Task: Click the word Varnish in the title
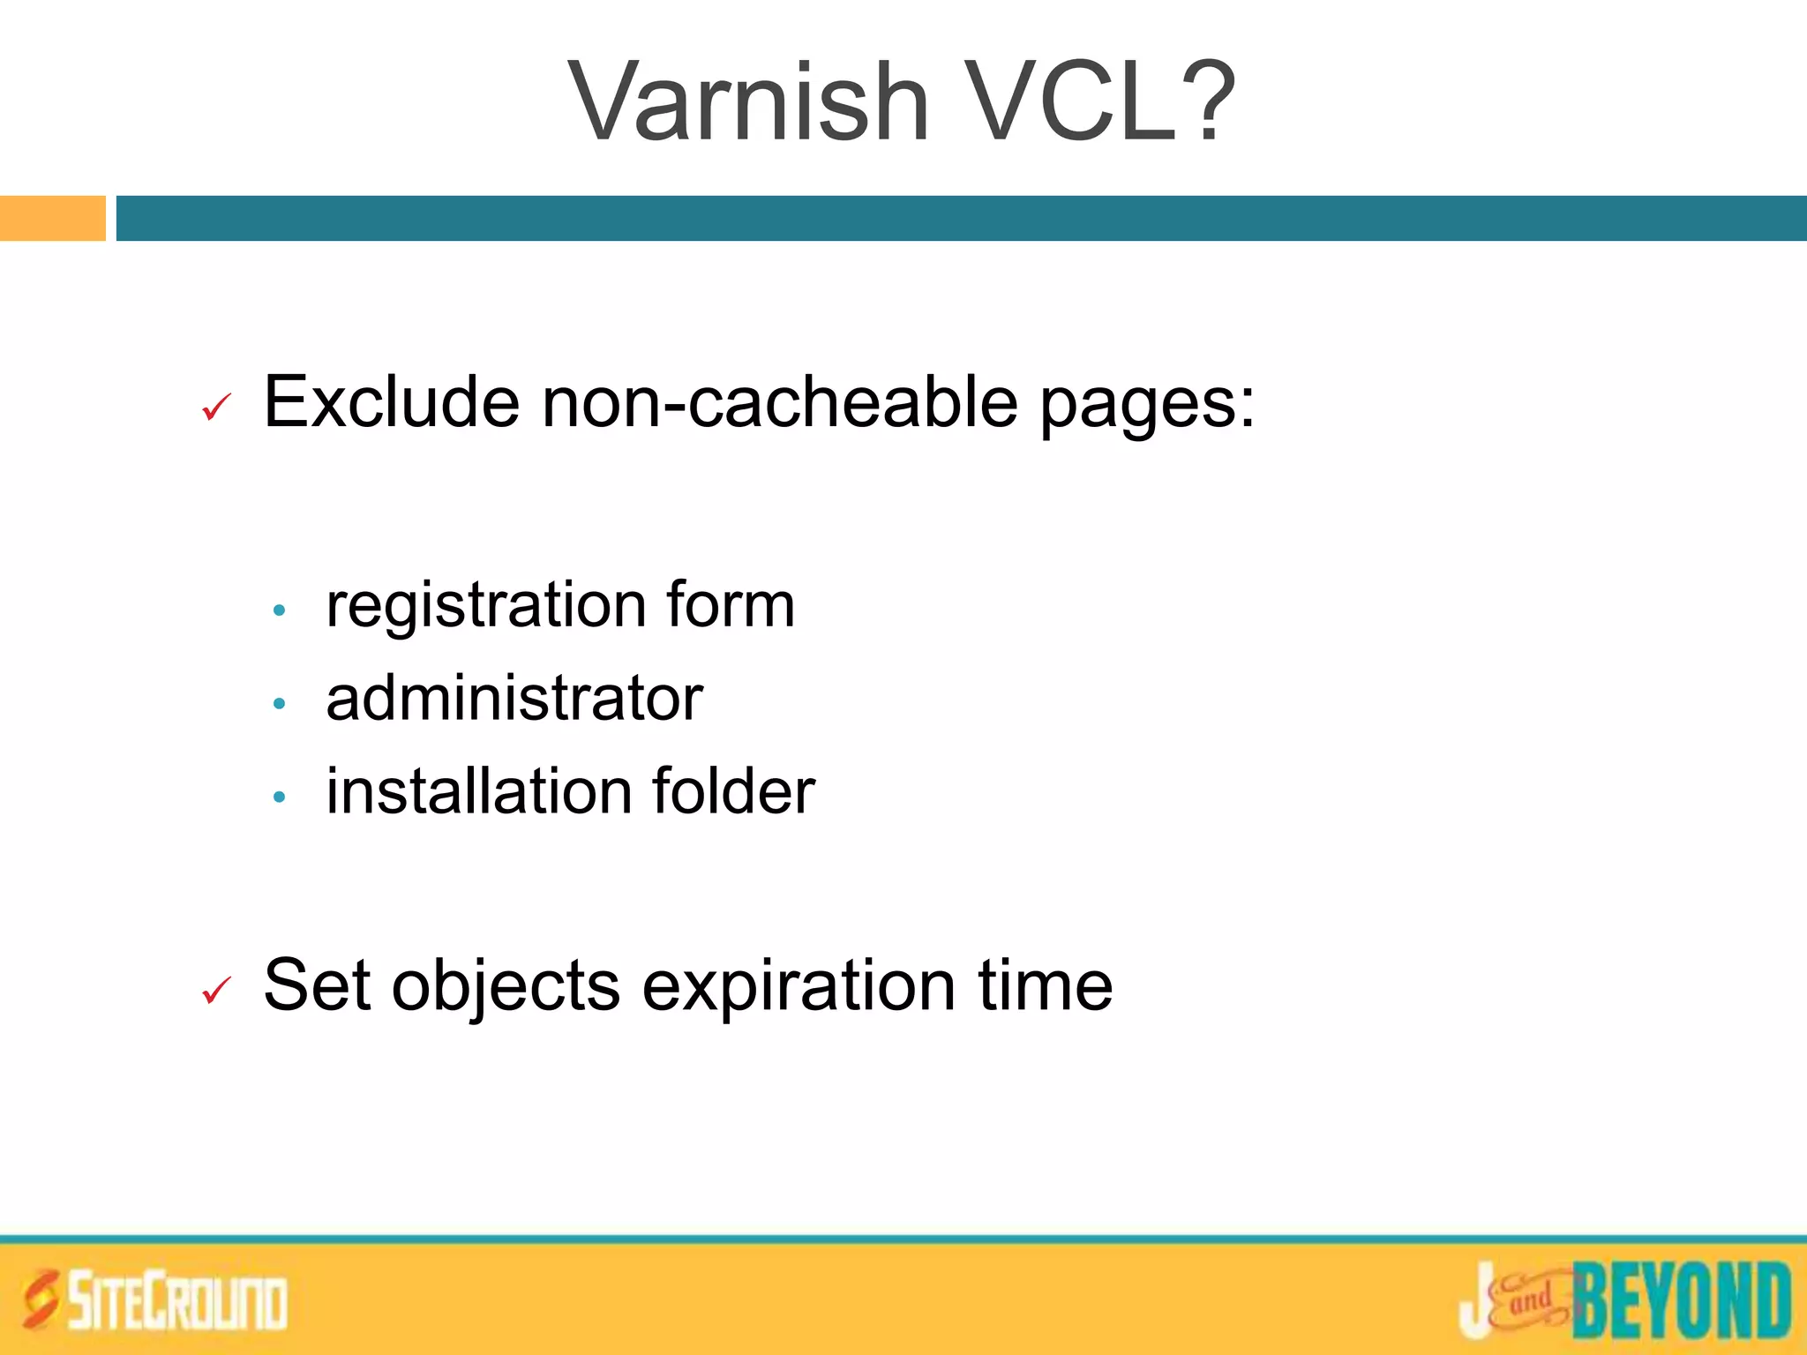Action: point(749,101)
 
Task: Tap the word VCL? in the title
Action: point(1102,101)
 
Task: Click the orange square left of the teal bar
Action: point(52,218)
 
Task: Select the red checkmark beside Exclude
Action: point(216,407)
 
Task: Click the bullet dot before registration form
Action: point(280,610)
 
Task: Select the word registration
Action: point(486,607)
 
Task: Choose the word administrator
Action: point(514,699)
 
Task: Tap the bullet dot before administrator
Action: point(280,703)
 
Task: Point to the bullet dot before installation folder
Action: point(280,797)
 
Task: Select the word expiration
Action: point(799,987)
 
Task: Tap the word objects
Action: point(506,987)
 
